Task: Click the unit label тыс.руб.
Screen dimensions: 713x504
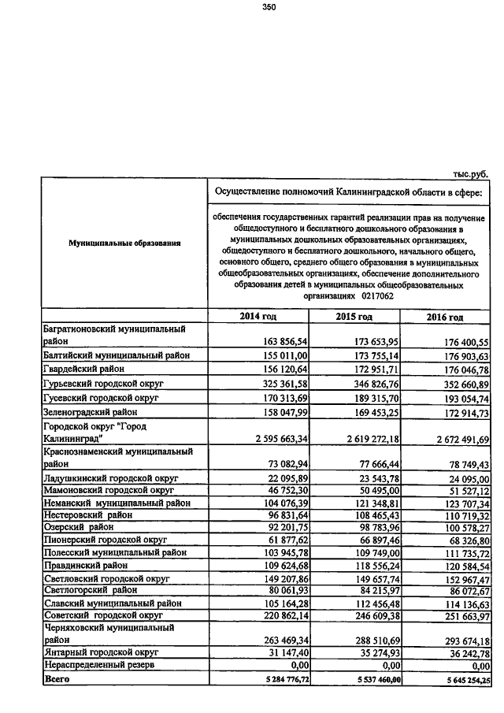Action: [x=471, y=174]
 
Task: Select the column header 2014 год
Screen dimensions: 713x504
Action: [x=258, y=317]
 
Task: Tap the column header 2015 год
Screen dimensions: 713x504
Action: [x=354, y=317]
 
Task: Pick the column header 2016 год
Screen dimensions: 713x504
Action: [x=445, y=317]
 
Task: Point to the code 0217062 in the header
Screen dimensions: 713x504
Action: [x=379, y=296]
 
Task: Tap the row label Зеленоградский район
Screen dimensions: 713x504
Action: [x=90, y=411]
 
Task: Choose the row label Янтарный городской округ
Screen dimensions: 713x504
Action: [x=100, y=652]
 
